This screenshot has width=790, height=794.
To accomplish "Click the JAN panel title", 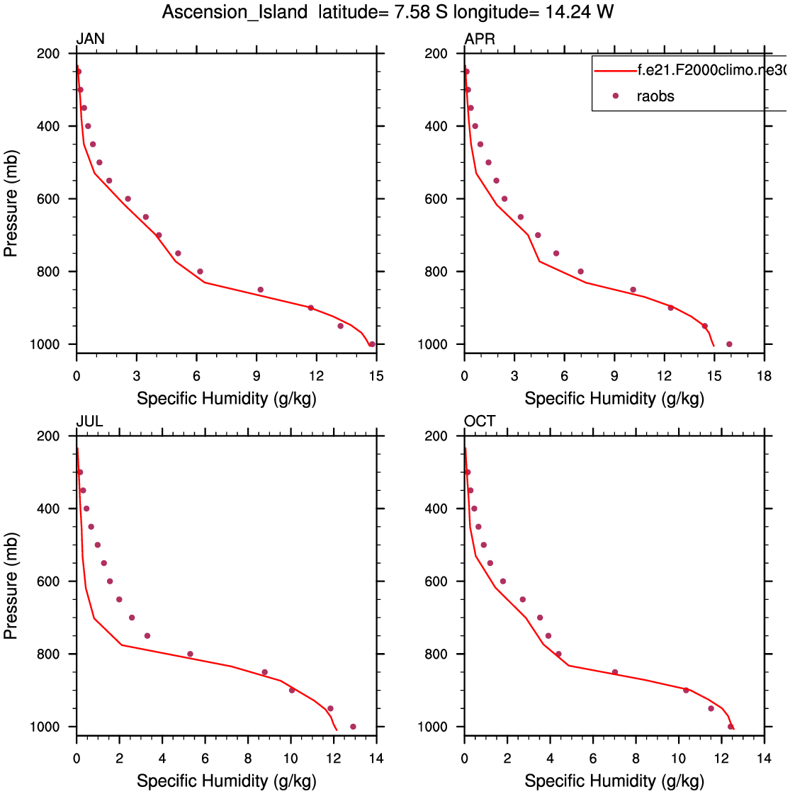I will [91, 39].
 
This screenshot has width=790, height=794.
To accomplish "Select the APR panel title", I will [480, 39].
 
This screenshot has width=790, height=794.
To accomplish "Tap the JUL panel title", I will [90, 421].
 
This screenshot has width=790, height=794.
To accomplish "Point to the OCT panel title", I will [480, 421].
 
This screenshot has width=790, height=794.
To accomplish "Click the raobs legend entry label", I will [655, 96].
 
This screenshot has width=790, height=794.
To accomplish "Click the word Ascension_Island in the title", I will [235, 12].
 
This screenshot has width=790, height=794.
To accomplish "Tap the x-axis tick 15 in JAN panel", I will [376, 376].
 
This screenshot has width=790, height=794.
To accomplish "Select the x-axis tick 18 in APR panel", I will [764, 376].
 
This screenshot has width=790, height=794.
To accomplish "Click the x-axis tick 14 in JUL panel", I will [376, 759].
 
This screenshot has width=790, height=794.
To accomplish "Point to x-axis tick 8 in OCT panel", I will [636, 759].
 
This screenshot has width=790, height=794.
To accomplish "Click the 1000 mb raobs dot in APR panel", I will [729, 344].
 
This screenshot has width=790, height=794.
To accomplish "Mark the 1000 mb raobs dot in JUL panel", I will [353, 727].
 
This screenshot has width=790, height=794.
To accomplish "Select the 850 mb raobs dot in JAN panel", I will [260, 290].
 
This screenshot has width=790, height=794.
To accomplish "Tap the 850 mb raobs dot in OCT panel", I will [614, 672].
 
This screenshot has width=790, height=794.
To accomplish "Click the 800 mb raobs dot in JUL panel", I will [190, 654].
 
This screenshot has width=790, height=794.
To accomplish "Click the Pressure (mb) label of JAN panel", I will [11, 204].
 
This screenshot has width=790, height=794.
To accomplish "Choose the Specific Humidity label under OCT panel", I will [614, 781].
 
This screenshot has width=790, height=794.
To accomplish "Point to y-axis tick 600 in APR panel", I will [436, 199].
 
